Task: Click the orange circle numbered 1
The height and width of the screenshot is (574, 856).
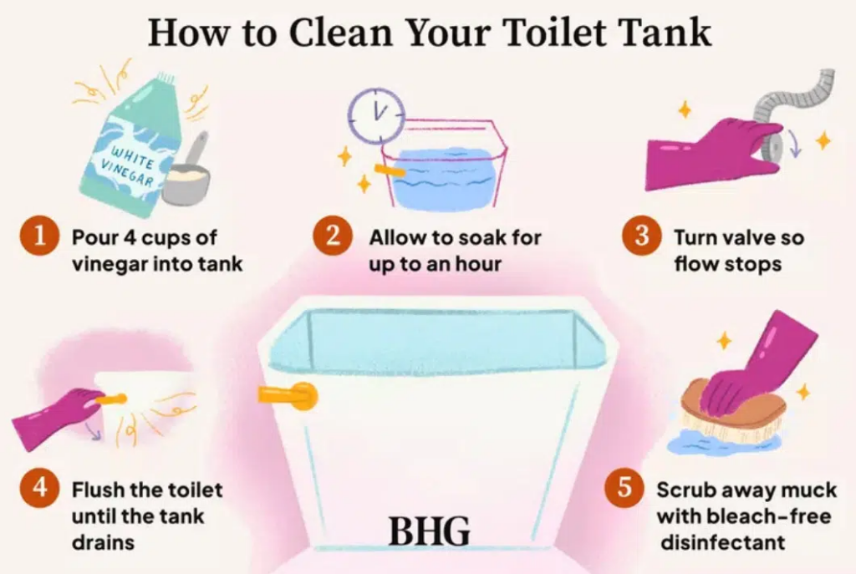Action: tap(39, 236)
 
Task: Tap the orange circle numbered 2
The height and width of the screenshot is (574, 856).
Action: tap(333, 236)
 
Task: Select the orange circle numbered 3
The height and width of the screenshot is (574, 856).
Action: tap(642, 236)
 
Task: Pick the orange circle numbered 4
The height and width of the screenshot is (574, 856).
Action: tap(39, 486)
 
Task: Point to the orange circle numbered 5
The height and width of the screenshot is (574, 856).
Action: tap(624, 487)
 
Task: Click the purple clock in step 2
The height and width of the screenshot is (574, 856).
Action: tap(377, 115)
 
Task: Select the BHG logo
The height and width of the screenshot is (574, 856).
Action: tap(429, 531)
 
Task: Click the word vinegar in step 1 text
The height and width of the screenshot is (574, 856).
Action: tap(108, 263)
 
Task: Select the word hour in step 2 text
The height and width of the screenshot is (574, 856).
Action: tap(478, 263)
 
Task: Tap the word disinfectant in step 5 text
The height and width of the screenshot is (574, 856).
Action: tap(723, 542)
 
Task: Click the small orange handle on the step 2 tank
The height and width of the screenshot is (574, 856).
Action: tap(390, 170)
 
